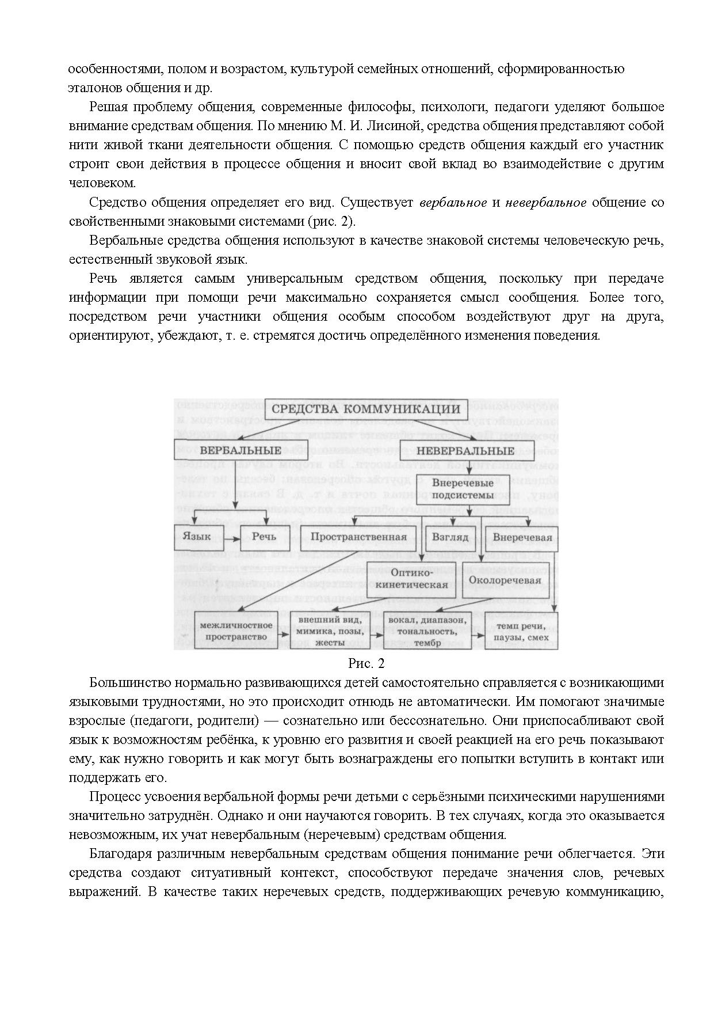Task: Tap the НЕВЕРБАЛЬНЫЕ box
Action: pyautogui.click(x=465, y=451)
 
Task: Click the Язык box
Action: pyautogui.click(x=197, y=537)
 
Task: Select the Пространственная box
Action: pyautogui.click(x=358, y=537)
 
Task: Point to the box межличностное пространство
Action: pyautogui.click(x=235, y=631)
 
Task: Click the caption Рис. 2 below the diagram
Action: pyautogui.click(x=366, y=663)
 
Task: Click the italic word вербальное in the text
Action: pyautogui.click(x=453, y=203)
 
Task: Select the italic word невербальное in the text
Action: pyautogui.click(x=545, y=203)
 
